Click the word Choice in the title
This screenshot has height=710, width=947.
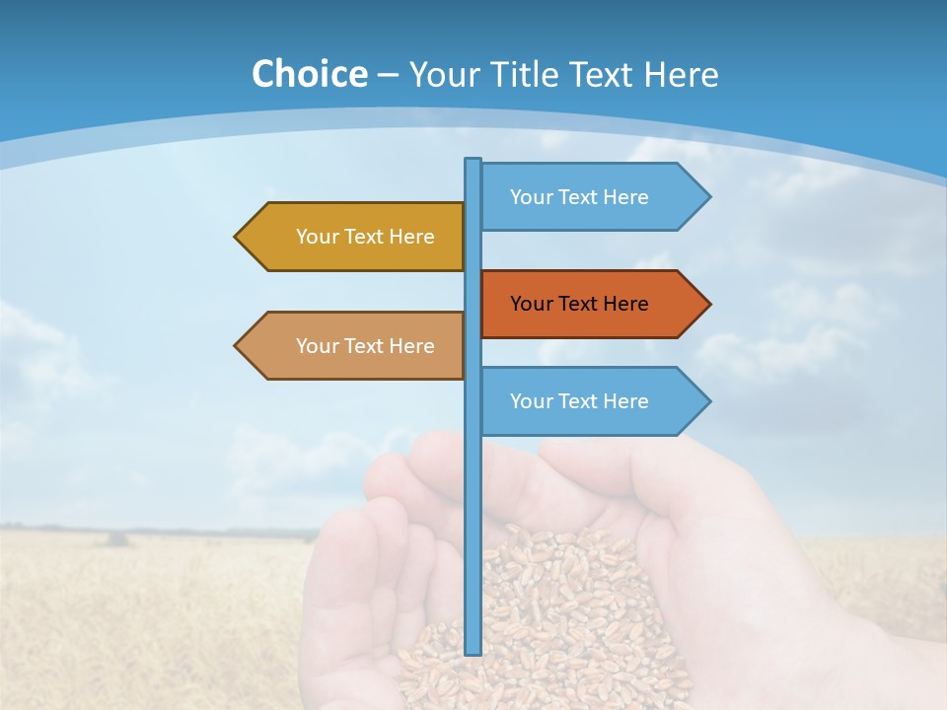[x=309, y=74]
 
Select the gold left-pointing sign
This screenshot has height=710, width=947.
[x=355, y=237]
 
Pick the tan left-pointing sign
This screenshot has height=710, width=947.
[x=355, y=346]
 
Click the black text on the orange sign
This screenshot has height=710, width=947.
[x=579, y=304]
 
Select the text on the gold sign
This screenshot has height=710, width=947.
[x=365, y=237]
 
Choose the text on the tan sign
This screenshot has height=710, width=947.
[x=365, y=346]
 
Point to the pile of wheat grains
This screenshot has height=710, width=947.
[x=552, y=611]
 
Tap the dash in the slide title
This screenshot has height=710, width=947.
[x=388, y=75]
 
